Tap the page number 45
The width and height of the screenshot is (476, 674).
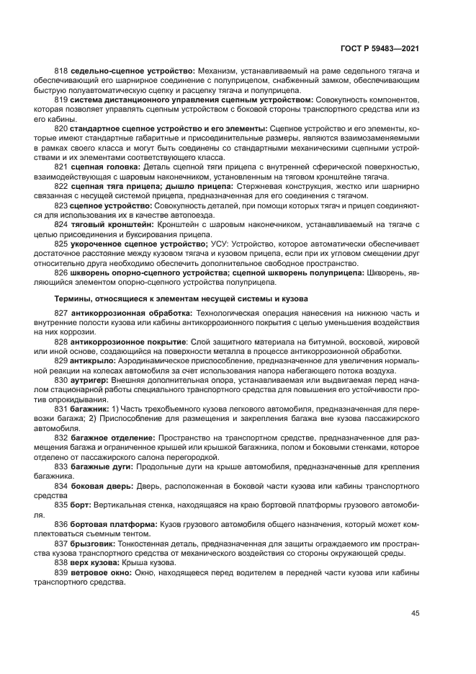coord(415,613)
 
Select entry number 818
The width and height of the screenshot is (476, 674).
coord(61,71)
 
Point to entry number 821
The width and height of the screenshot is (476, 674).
coord(61,167)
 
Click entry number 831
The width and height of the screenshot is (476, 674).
coord(61,407)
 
